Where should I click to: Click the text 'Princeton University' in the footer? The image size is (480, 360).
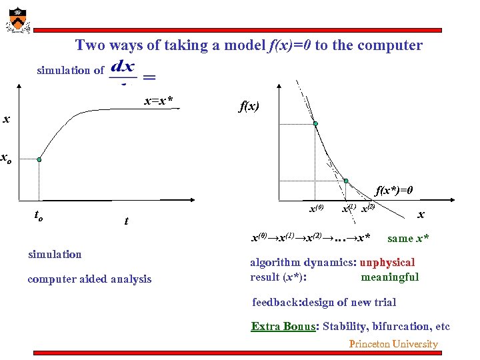[x=393, y=344]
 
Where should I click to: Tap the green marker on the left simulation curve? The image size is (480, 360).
[x=39, y=160]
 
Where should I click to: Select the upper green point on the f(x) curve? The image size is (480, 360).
[x=316, y=124]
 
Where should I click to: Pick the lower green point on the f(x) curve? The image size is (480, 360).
[x=346, y=180]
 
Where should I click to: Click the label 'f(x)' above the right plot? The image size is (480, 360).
[x=250, y=106]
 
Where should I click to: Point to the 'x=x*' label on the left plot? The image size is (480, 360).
[x=159, y=101]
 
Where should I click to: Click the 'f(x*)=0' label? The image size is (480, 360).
[x=394, y=190]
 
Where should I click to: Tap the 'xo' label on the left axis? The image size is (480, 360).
[x=5, y=159]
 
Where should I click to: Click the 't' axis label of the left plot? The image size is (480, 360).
[x=126, y=222]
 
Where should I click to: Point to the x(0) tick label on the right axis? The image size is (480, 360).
[x=317, y=209]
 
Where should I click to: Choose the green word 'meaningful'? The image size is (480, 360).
[x=389, y=277]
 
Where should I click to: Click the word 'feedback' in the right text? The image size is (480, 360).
[x=276, y=302]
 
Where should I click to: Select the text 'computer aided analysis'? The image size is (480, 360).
[x=89, y=279]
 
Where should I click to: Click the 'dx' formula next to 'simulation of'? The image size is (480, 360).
[x=124, y=67]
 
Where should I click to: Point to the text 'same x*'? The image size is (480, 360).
[x=408, y=238]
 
